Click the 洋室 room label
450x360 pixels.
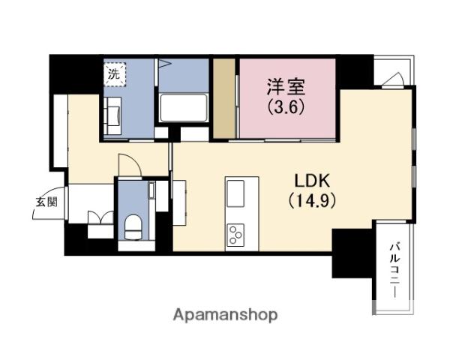click(286, 87)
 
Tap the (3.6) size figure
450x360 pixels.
click(286, 107)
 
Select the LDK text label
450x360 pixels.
click(312, 181)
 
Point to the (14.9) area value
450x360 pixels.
click(312, 200)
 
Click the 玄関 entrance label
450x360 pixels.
click(46, 202)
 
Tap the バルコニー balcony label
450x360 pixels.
click(395, 270)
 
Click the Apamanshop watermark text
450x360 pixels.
click(225, 316)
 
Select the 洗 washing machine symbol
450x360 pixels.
click(115, 74)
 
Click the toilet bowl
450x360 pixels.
click(133, 226)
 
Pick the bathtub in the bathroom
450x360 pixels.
click(184, 108)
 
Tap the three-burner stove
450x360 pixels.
click(235, 235)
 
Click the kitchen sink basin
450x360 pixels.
click(235, 193)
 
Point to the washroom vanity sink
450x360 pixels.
click(112, 115)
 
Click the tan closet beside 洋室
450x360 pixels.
click(224, 98)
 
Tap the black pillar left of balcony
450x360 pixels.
click(352, 253)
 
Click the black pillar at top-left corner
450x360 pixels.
click(75, 74)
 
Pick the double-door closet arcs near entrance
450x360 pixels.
click(100, 217)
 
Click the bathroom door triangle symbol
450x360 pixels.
click(164, 63)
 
